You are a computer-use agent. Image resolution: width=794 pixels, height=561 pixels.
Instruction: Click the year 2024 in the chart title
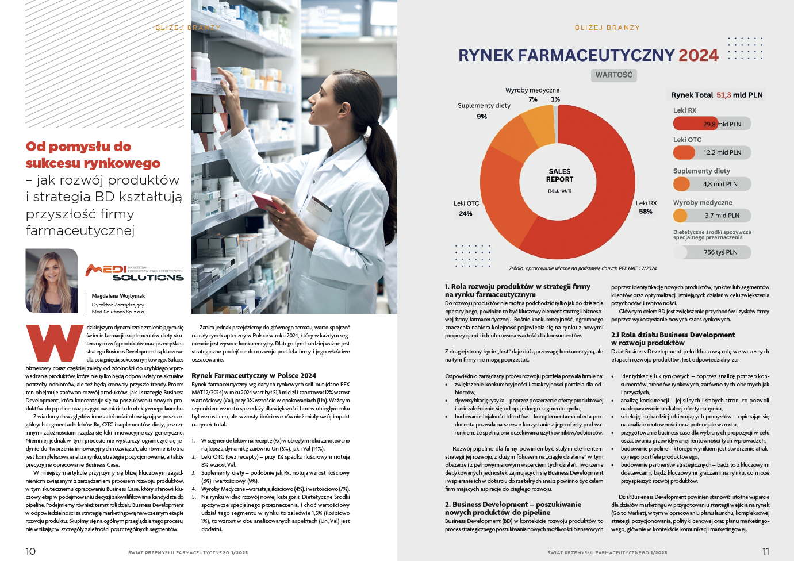tap(698, 55)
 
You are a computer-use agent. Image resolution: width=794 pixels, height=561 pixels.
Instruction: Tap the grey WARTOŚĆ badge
tap(613, 75)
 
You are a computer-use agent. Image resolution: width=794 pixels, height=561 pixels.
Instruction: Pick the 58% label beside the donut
tap(646, 212)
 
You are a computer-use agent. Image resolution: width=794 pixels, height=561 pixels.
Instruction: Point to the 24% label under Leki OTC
tap(466, 214)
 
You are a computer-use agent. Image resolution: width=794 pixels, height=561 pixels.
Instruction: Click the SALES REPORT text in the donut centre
tap(559, 175)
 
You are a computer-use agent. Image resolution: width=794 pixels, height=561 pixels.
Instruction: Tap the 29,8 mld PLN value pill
tap(712, 124)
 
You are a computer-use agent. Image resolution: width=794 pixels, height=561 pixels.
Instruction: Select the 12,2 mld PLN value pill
tap(712, 152)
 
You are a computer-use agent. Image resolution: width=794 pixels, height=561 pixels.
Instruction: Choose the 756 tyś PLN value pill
tap(712, 252)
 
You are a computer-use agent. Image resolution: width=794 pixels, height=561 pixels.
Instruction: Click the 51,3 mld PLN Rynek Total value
tap(739, 95)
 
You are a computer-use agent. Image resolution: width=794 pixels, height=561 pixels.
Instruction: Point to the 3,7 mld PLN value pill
tap(712, 216)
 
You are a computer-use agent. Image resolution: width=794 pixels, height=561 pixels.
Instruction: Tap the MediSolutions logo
tap(135, 272)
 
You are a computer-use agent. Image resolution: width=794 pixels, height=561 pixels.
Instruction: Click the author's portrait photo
tap(52, 280)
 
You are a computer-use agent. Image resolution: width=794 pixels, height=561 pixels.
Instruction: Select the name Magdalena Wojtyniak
tap(118, 296)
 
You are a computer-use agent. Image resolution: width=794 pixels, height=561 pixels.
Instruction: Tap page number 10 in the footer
tap(30, 551)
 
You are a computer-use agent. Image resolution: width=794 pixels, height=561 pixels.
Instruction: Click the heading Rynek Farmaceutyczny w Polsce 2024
tap(254, 375)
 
